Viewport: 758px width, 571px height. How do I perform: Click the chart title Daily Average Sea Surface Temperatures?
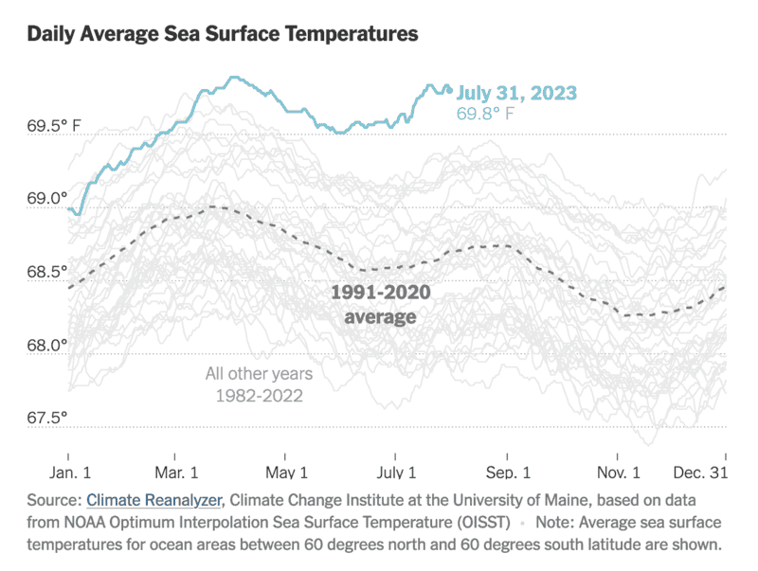coord(223,35)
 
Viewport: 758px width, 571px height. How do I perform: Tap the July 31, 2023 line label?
coord(516,93)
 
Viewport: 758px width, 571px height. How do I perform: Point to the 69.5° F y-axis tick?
coord(54,125)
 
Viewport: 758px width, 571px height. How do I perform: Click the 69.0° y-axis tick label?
coord(48,198)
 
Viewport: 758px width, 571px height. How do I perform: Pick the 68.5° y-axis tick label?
coord(48,272)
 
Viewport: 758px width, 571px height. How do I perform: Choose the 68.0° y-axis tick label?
coord(48,345)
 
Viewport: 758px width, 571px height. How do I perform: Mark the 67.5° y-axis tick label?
coord(48,418)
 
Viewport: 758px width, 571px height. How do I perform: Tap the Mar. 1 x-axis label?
coord(175,472)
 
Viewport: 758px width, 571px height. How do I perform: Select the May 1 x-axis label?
coord(286,472)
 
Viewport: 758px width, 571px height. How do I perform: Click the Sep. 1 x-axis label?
coord(508,472)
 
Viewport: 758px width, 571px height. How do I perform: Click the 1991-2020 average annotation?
coord(380,304)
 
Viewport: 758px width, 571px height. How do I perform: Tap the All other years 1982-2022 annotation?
coord(259,384)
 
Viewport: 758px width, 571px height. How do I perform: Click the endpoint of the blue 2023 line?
coord(450,91)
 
